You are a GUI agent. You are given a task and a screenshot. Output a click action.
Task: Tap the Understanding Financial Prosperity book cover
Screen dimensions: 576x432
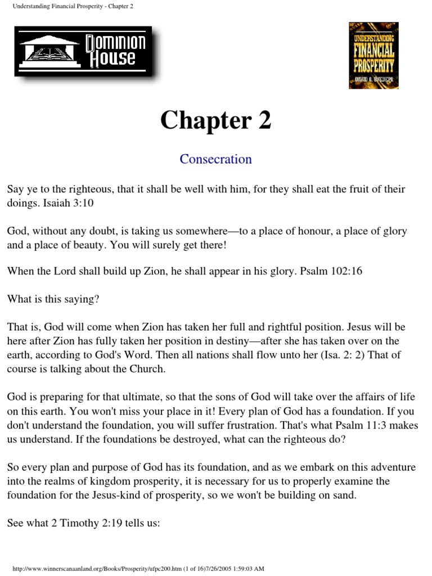373,55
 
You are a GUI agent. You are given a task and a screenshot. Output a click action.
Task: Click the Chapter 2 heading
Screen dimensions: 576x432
215,120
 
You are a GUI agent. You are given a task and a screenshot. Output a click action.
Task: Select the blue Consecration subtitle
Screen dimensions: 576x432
215,159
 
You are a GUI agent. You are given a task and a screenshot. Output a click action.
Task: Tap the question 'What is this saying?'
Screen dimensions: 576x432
53,299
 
